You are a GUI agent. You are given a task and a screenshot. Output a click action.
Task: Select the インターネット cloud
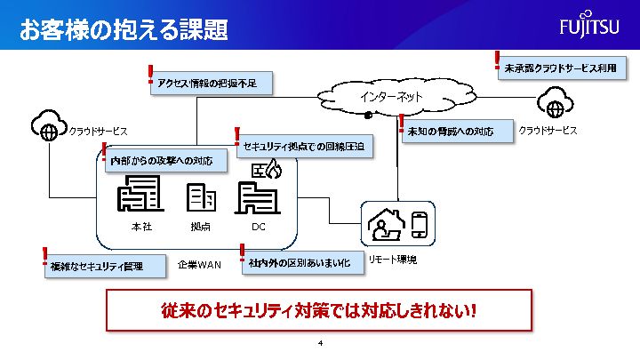click(391, 97)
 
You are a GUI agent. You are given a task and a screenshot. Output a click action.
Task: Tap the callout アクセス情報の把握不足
click(212, 83)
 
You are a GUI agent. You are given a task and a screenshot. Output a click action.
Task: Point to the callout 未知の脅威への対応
click(456, 132)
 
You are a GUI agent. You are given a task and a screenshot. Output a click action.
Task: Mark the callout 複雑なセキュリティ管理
click(104, 266)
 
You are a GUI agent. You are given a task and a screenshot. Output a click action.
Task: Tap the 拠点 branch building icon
click(201, 198)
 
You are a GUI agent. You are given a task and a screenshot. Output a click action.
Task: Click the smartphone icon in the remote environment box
click(420, 226)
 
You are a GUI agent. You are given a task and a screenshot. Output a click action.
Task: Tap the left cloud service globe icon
click(50, 129)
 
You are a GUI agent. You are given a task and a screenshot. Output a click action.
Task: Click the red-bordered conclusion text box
click(319, 312)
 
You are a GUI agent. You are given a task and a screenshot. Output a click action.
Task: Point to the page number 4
click(319, 342)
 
